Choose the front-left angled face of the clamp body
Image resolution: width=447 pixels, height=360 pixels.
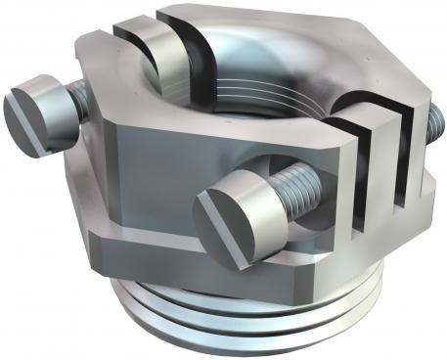pyautogui.click(x=147, y=186)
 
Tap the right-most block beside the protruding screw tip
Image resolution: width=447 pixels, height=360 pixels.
pyautogui.click(x=416, y=166)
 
